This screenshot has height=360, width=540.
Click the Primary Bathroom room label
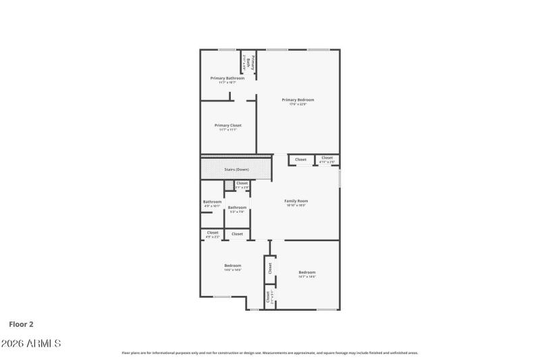[x=227, y=78]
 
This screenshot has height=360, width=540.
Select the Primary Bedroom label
[x=298, y=100]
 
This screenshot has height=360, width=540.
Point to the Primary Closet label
[x=227, y=126]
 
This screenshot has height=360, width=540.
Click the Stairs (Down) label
[x=236, y=170]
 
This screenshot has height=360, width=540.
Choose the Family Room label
[x=296, y=201]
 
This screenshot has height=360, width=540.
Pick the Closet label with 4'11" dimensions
[x=327, y=159]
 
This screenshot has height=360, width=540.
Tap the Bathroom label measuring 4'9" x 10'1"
[x=212, y=202]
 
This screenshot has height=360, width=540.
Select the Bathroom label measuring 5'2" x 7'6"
[x=236, y=207]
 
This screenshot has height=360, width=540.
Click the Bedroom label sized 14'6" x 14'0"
[x=232, y=266]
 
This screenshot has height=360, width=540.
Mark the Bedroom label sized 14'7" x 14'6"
[x=307, y=273]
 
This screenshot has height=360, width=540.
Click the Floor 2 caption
[x=21, y=324]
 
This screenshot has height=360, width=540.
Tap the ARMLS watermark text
[x=31, y=344]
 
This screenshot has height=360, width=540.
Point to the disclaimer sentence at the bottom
[x=269, y=353]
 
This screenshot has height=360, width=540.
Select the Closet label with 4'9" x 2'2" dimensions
[x=213, y=233]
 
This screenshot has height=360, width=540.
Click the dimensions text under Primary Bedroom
[x=298, y=105]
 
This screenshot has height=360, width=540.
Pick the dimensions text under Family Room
[x=296, y=206]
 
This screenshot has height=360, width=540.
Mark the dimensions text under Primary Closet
[x=227, y=130]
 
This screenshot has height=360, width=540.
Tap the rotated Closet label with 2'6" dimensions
[x=269, y=297]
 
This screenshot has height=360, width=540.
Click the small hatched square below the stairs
[x=229, y=184]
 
